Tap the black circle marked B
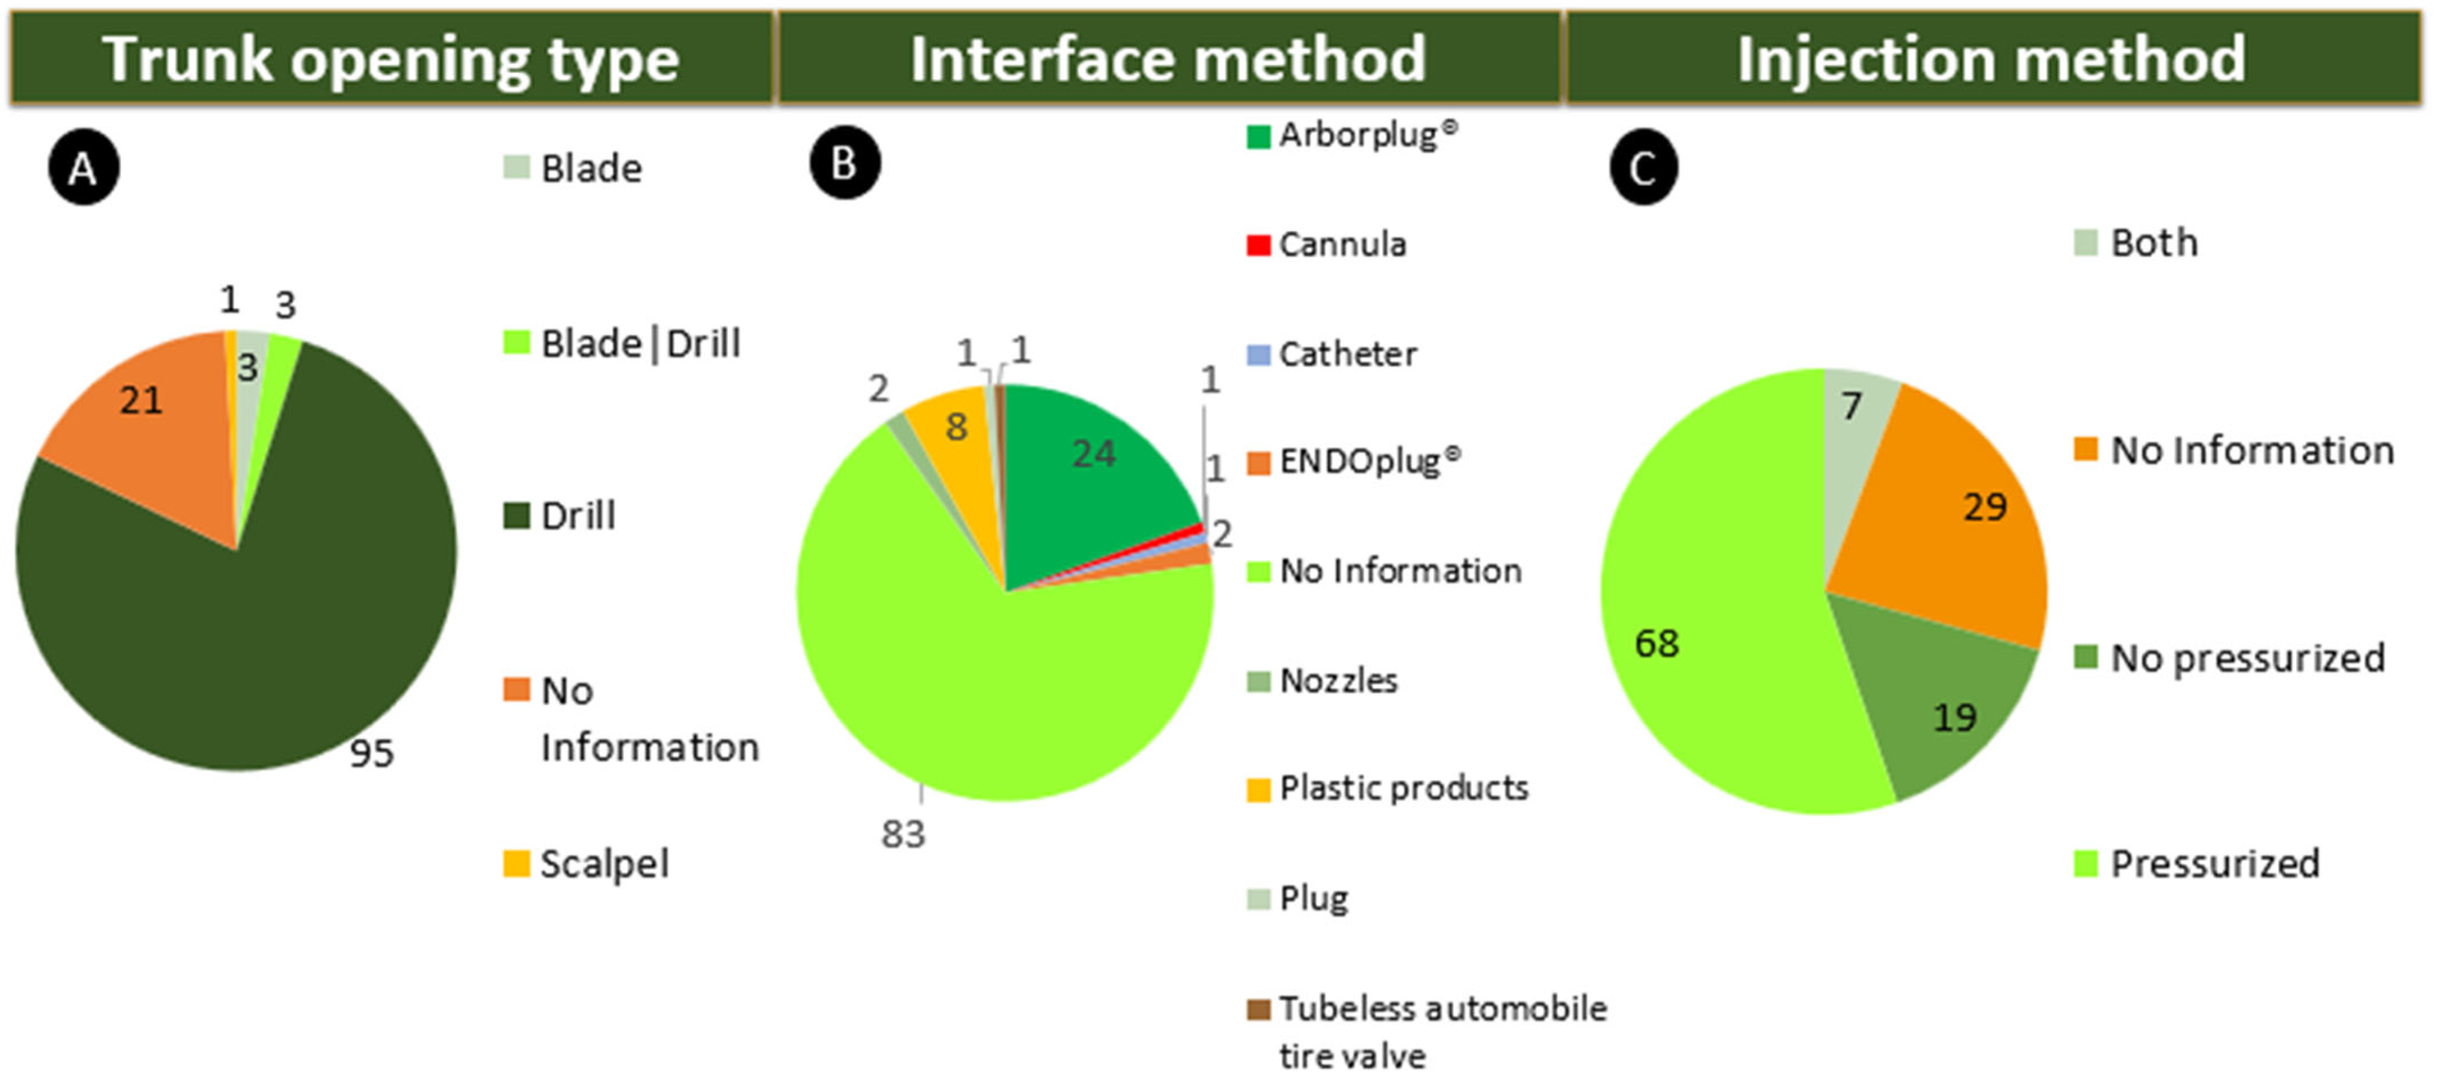(x=844, y=163)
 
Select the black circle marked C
(x=1643, y=168)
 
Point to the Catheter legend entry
(x=1332, y=355)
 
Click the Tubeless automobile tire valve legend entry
(x=1427, y=1030)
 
